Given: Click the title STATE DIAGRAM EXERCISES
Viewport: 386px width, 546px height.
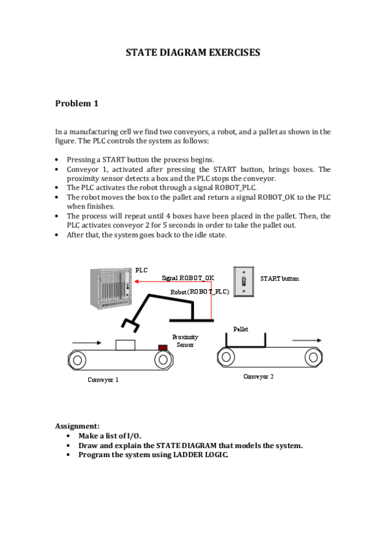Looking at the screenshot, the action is tap(193, 52).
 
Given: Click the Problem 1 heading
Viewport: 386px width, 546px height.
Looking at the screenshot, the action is tap(77, 104).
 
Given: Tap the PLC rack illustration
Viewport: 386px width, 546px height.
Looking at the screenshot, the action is tap(111, 288).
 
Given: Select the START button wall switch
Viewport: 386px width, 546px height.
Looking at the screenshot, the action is tap(244, 281).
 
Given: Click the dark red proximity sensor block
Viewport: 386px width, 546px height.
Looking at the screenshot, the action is tap(163, 347).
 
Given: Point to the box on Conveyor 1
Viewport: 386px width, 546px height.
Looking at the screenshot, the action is tap(126, 345).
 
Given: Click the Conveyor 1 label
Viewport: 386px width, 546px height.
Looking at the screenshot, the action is tap(103, 379).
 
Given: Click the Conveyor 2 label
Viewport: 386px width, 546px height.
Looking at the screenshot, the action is tap(258, 377).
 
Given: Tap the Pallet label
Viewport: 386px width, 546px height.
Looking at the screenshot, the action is tap(241, 329).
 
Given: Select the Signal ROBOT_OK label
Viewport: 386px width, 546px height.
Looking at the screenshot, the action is tap(188, 278).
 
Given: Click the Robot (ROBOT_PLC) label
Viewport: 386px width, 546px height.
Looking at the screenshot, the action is tap(200, 292).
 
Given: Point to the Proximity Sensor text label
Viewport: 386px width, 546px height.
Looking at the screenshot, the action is tap(186, 341).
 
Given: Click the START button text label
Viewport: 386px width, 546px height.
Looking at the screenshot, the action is tap(280, 279).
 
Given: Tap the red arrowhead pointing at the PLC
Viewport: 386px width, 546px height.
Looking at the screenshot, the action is tap(137, 281).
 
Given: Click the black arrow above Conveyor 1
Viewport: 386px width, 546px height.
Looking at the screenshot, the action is tap(86, 343).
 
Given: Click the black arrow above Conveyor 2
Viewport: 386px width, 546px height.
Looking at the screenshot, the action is tap(307, 340).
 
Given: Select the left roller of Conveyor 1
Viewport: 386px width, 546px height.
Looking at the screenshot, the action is tap(77, 360).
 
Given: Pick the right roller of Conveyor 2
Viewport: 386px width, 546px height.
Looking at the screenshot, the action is tap(313, 357).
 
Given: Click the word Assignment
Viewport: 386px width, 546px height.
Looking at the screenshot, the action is tap(77, 426).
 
